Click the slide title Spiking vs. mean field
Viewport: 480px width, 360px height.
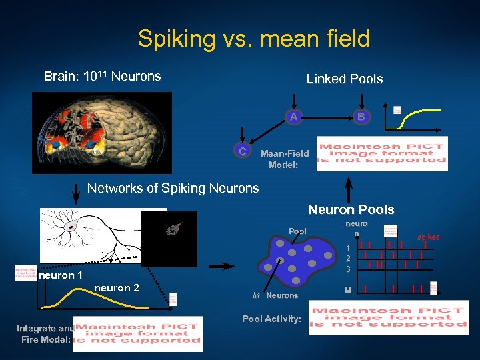tap(253, 39)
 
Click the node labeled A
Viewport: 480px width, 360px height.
tap(293, 117)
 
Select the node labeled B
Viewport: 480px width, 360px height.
tap(361, 117)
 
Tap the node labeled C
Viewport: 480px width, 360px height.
tap(243, 151)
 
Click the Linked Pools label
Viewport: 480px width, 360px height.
tap(344, 79)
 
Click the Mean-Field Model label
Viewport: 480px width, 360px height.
tap(285, 159)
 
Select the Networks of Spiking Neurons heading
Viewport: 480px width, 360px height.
tap(173, 189)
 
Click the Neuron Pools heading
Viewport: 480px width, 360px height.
tap(351, 210)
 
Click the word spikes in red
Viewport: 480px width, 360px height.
tap(428, 237)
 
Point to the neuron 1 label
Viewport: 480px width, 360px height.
tap(61, 275)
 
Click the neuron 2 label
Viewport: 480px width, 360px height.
tap(117, 288)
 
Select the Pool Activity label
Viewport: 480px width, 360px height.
tap(271, 319)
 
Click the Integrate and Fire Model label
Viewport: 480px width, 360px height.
tap(45, 334)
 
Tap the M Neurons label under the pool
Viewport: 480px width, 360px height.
tap(275, 295)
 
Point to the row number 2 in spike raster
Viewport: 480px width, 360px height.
tap(347, 258)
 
